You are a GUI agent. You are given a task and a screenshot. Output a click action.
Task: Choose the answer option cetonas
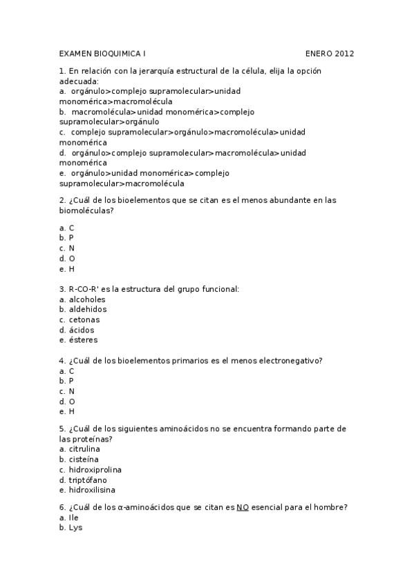point(84,319)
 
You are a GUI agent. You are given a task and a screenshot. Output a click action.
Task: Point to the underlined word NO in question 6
point(243,507)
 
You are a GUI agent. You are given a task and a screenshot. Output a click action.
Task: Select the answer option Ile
point(74,517)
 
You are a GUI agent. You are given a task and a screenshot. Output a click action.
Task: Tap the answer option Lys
point(75,528)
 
